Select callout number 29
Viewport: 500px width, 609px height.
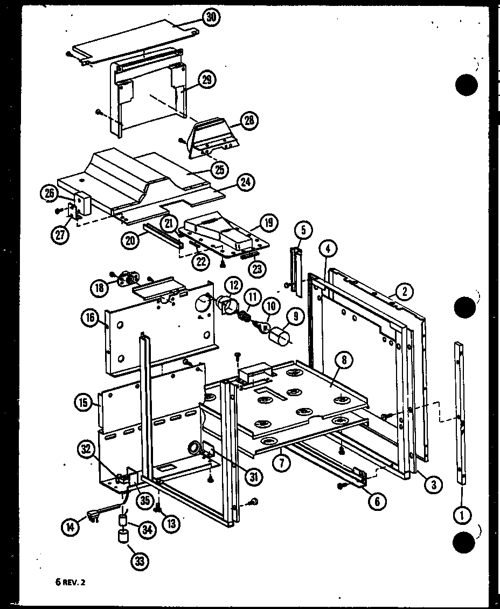click(207, 80)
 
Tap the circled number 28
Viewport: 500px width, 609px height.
click(249, 120)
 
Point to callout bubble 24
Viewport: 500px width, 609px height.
click(246, 182)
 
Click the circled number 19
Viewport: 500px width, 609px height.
click(267, 222)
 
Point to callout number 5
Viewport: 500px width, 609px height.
click(303, 231)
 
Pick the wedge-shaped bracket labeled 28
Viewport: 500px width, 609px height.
click(213, 135)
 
